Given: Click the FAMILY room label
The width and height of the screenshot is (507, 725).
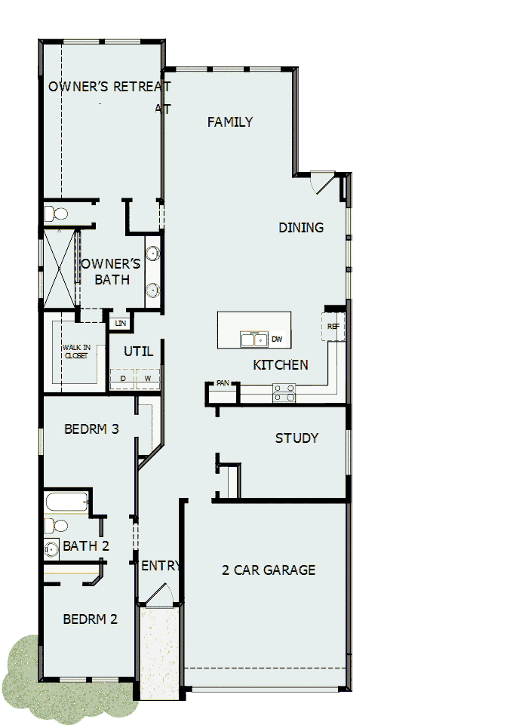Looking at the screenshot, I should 230,122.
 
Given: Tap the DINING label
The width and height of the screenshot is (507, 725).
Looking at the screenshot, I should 301,227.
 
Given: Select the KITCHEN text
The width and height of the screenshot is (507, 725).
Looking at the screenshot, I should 281,365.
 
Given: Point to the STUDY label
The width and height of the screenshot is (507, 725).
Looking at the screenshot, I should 297,438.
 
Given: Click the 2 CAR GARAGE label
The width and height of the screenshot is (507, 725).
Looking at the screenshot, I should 269,570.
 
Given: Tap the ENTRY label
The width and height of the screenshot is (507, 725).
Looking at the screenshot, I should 159,566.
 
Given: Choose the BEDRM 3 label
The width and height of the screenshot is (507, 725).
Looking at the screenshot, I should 91,429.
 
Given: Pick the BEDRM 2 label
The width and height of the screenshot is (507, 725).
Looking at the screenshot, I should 90,619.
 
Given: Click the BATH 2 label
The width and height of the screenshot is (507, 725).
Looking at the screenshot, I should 86,545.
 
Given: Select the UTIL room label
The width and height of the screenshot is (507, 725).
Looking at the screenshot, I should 138,352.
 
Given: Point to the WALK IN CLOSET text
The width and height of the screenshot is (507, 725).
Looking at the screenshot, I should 76,352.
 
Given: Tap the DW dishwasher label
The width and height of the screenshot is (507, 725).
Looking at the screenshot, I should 276,339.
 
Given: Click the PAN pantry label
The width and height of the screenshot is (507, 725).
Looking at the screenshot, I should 223,383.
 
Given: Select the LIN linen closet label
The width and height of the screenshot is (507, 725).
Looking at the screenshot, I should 120,323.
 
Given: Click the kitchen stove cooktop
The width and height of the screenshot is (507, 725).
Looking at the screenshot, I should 284,392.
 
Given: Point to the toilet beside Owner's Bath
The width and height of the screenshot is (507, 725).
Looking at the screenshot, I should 56,214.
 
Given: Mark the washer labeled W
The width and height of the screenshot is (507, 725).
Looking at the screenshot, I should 148,378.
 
